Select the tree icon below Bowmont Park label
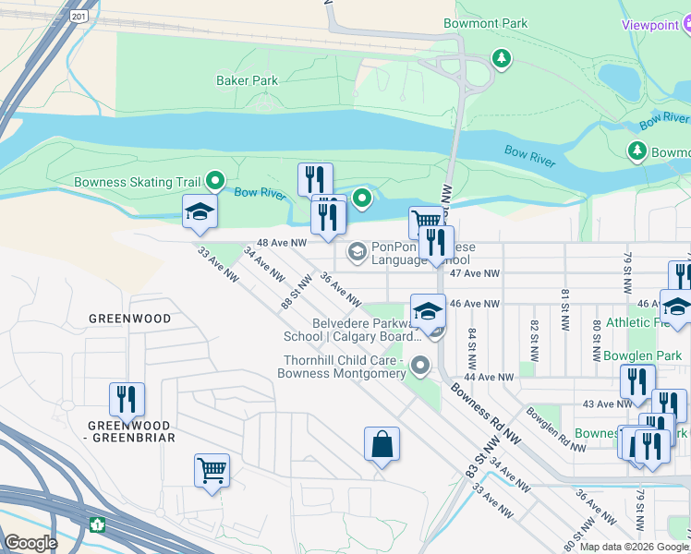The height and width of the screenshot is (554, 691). (x=502, y=59)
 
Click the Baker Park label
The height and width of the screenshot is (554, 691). (x=247, y=81)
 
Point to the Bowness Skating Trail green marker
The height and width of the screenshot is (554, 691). (x=216, y=182)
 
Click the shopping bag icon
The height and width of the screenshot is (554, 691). (x=382, y=445)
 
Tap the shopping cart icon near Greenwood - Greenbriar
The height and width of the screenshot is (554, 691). (x=212, y=471)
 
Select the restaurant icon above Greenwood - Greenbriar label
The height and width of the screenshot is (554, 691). (x=127, y=399)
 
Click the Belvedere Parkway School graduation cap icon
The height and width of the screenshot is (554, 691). (x=428, y=311)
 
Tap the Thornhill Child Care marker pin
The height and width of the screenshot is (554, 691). (x=421, y=367)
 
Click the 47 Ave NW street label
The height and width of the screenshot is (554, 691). (x=474, y=274)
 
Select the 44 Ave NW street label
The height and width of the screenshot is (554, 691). (x=489, y=378)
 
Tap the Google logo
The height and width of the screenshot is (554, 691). (x=30, y=543)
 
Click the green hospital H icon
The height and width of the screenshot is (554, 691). (x=98, y=524)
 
